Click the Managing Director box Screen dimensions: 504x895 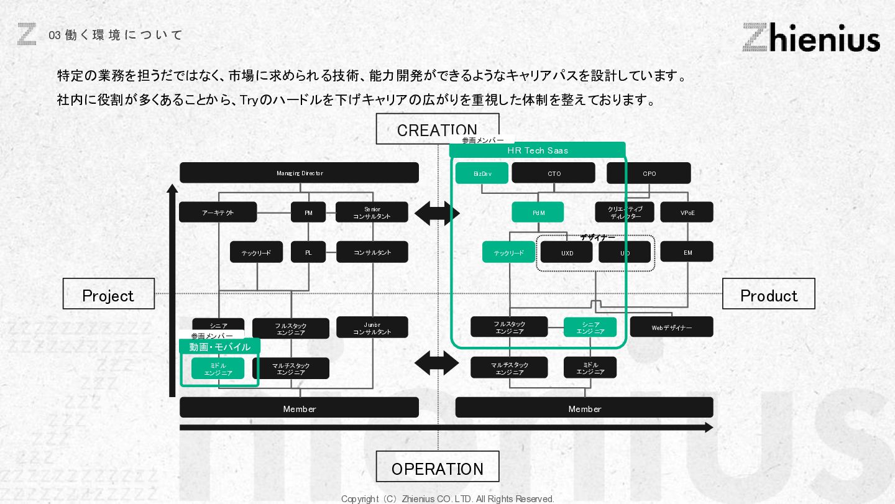point(299,173)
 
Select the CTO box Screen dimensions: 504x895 point(553,173)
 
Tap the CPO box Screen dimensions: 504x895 point(648,173)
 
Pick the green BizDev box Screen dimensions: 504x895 point(482,173)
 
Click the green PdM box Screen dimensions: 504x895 point(538,213)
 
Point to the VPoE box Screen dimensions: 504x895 point(687,213)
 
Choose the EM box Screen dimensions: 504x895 point(687,252)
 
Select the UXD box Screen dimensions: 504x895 point(566,252)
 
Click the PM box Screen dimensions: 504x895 point(308,213)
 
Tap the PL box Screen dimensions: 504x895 point(308,252)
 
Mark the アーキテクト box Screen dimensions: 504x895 point(218,213)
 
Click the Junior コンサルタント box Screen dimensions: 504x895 point(372,328)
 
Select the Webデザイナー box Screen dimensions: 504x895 point(671,328)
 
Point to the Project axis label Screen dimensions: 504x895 point(108,294)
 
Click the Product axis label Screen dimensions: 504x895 point(768,294)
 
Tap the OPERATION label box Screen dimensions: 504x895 point(437,467)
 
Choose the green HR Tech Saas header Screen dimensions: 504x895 point(537,150)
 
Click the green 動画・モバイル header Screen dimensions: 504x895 point(219,347)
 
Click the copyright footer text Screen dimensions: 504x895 point(447,498)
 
